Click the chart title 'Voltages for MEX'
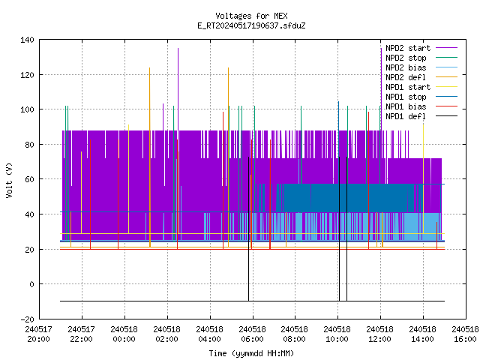click(x=251, y=16)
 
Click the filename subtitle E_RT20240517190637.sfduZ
click(x=251, y=25)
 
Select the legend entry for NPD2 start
click(x=408, y=48)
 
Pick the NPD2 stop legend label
click(x=406, y=58)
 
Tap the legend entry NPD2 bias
click(x=406, y=67)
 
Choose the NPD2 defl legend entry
click(x=406, y=77)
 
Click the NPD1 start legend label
click(x=408, y=87)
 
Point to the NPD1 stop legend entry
click(x=406, y=97)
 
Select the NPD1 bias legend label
click(x=406, y=106)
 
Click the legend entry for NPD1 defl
click(x=406, y=117)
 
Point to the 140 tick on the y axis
click(x=27, y=40)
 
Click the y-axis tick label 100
click(x=27, y=109)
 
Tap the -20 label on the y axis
click(x=27, y=319)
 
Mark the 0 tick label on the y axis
click(x=31, y=284)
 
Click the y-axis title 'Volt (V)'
click(x=9, y=180)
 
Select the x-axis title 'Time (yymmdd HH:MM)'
click(x=251, y=353)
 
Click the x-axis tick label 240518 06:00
click(x=252, y=334)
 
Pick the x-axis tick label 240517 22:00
click(x=81, y=334)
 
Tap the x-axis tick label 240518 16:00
click(x=465, y=334)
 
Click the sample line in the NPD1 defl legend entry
click(x=447, y=116)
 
